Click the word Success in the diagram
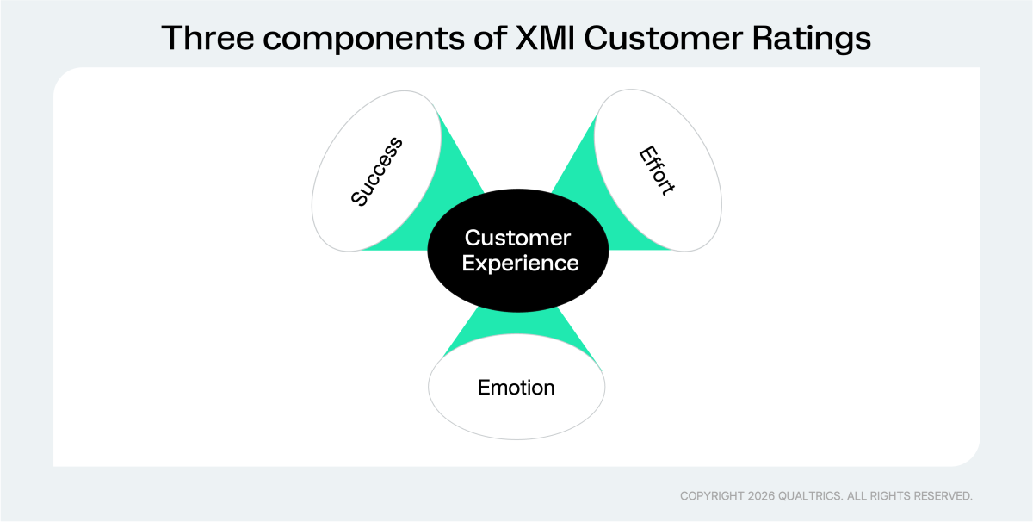[x=377, y=171]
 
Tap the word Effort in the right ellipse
[x=656, y=171]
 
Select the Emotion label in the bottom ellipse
[x=516, y=388]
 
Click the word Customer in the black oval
[x=517, y=238]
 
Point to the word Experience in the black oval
[x=520, y=264]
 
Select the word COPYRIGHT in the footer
[x=713, y=496]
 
